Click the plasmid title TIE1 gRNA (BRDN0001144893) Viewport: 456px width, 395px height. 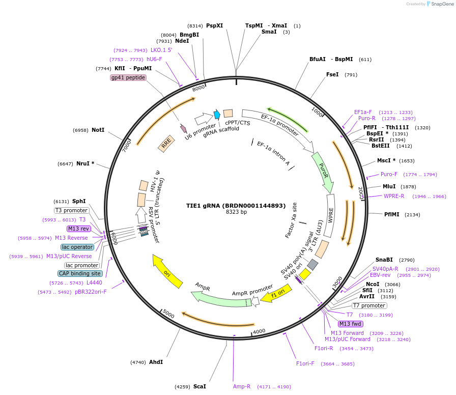pyautogui.click(x=236, y=206)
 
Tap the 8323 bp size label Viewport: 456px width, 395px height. pyautogui.click(x=236, y=212)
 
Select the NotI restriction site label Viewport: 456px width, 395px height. pyautogui.click(x=98, y=130)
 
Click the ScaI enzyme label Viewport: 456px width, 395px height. pyautogui.click(x=199, y=387)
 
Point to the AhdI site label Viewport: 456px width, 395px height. pyautogui.click(x=156, y=362)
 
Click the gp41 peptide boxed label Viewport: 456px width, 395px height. pyautogui.click(x=128, y=78)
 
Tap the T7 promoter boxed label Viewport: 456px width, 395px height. pyautogui.click(x=369, y=306)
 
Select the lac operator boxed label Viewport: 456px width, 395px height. pyautogui.click(x=77, y=247)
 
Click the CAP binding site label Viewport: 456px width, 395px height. pyautogui.click(x=80, y=274)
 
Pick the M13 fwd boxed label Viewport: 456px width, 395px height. pyautogui.click(x=351, y=324)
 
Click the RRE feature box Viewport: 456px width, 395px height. pyautogui.click(x=166, y=145)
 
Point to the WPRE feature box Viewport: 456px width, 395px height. pyautogui.click(x=330, y=216)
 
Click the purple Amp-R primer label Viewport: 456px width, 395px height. pyautogui.click(x=242, y=387)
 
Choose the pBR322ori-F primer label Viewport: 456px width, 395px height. pyautogui.click(x=91, y=292)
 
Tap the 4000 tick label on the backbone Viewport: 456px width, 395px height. pyautogui.click(x=260, y=331)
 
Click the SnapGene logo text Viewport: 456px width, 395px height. pyautogui.click(x=441, y=4)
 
